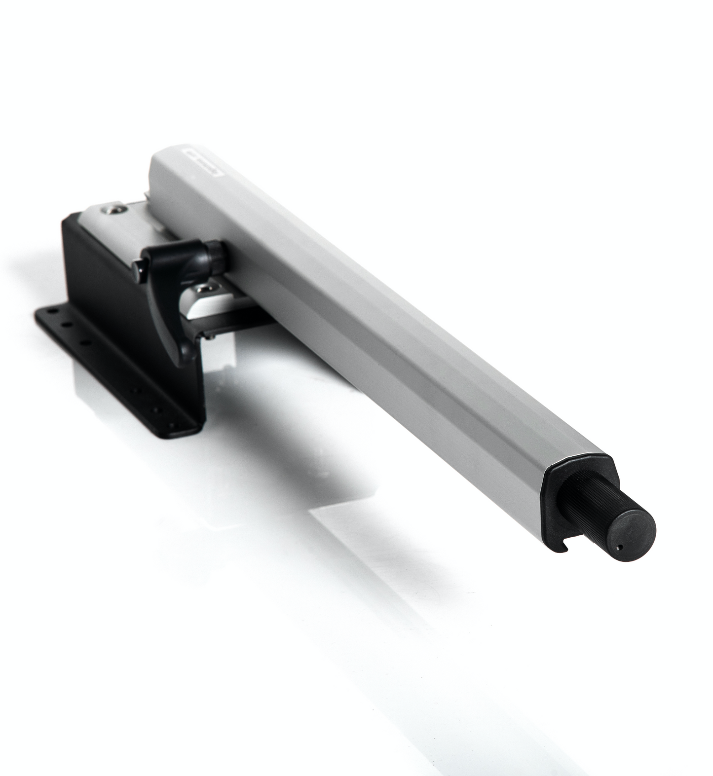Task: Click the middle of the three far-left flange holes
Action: coord(67,326)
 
